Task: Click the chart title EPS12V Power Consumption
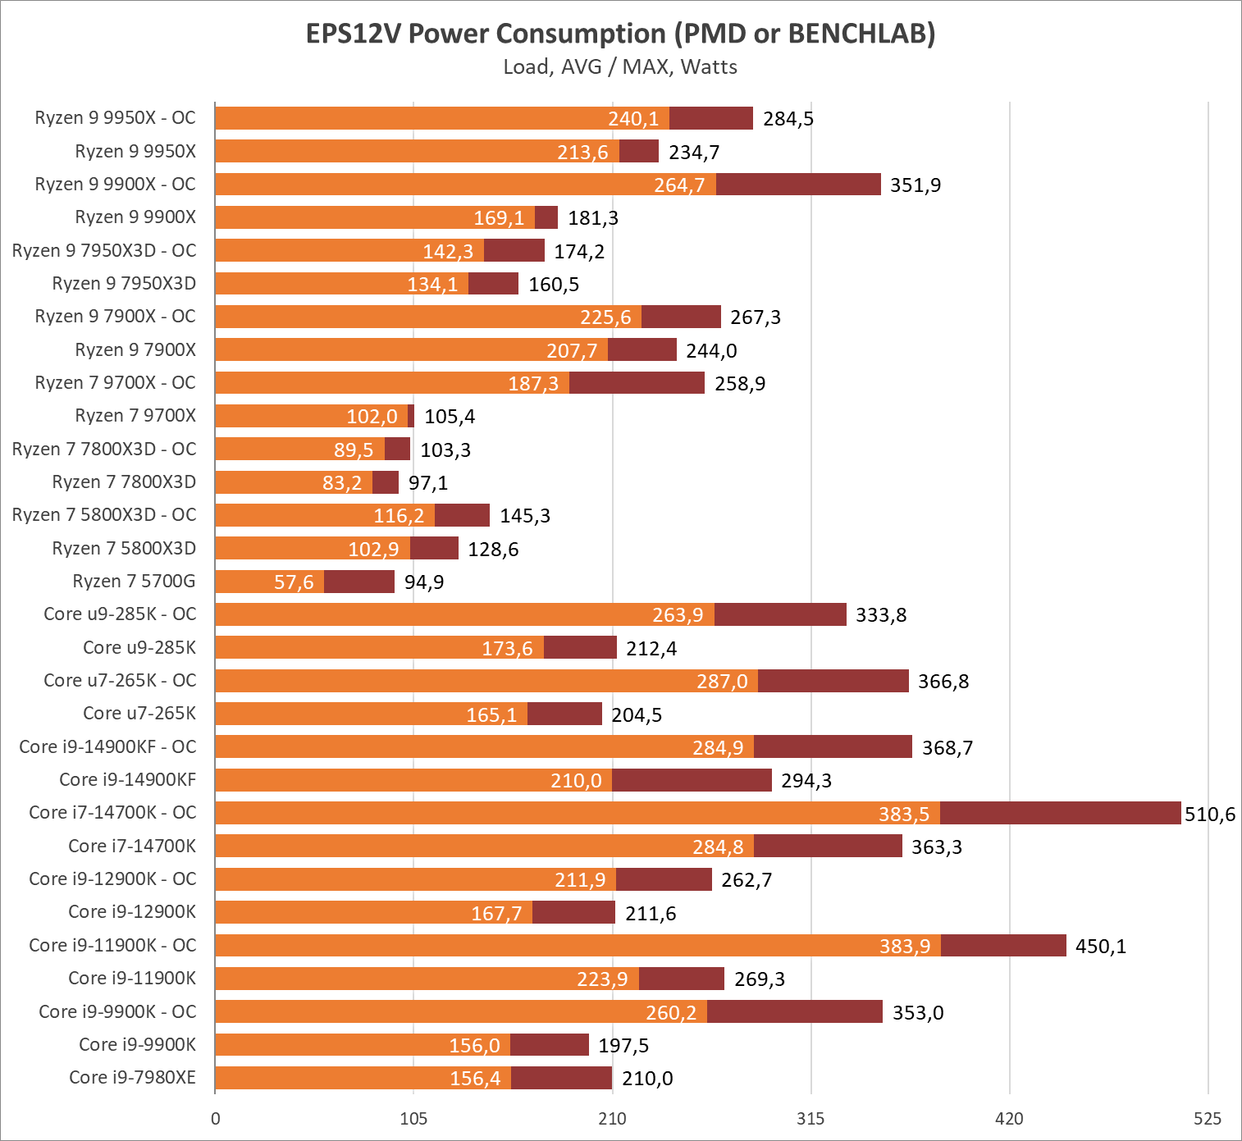pos(620,34)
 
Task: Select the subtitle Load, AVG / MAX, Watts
pos(620,67)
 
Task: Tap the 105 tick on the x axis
pos(413,1118)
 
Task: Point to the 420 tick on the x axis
pos(1009,1118)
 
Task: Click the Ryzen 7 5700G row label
pos(134,582)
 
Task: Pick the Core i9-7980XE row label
pos(132,1077)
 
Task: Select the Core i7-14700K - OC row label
pos(112,812)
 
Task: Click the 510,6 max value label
pos(1210,814)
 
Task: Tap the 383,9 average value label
pos(905,946)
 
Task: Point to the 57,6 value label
pos(294,582)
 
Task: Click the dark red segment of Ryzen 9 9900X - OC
pos(798,185)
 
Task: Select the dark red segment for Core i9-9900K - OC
pos(794,1011)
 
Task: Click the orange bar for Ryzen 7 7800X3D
pos(293,482)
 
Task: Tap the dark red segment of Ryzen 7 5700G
pos(358,582)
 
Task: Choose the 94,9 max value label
pos(424,582)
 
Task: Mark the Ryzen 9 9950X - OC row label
pos(115,118)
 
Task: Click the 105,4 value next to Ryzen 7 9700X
pos(450,417)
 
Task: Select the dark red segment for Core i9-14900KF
pos(692,780)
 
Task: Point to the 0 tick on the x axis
pos(216,1118)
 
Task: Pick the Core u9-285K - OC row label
pos(120,614)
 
